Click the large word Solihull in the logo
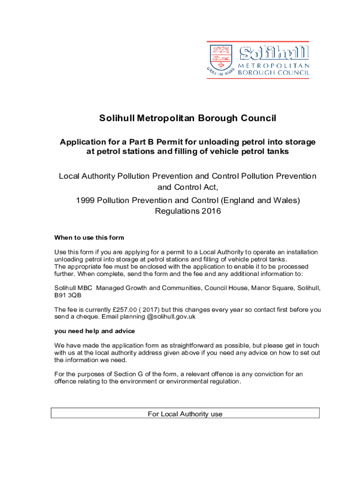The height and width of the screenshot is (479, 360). coord(274,53)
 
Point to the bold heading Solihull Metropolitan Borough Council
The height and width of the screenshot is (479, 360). coord(187,118)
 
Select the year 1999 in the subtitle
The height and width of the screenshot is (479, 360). coord(86,200)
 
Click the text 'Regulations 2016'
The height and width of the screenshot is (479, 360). coord(187,211)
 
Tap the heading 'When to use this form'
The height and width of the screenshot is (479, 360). coord(89,237)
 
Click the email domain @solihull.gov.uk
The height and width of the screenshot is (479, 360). coord(171,317)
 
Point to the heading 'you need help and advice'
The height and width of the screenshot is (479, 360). coord(94,331)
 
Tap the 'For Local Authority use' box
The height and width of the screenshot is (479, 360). coord(185,414)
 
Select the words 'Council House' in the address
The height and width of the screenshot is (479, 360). coord(220,288)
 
